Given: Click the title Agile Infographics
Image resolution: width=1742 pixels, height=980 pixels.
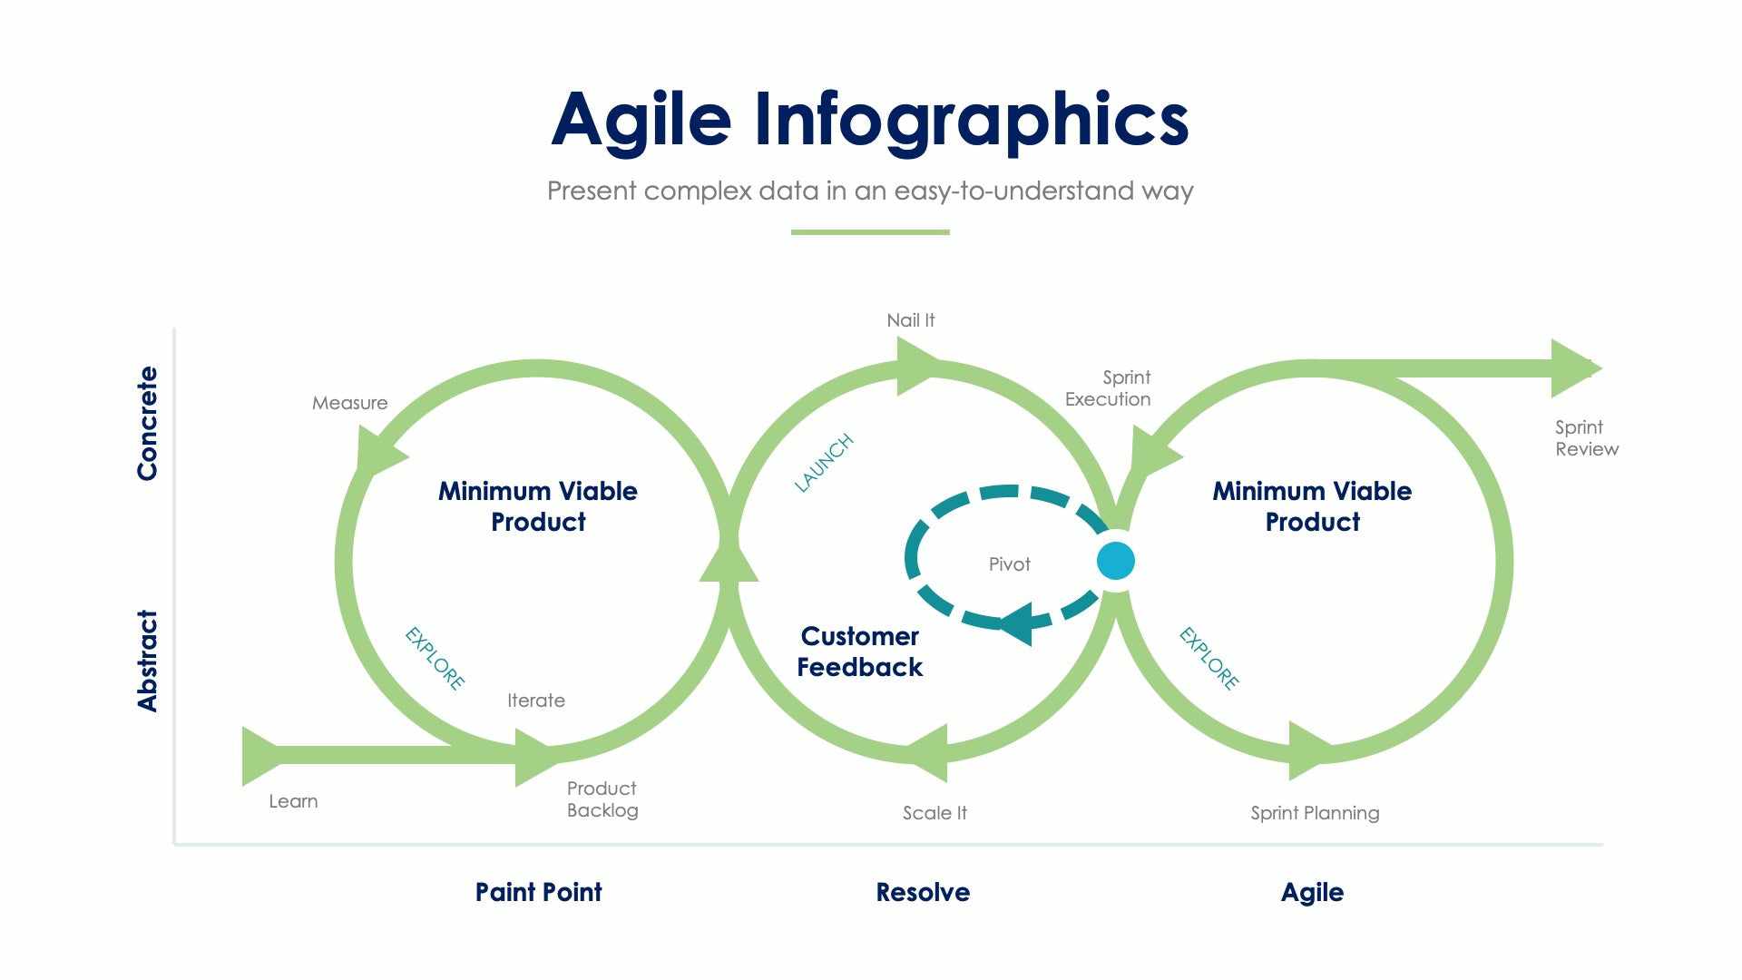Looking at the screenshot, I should (x=869, y=120).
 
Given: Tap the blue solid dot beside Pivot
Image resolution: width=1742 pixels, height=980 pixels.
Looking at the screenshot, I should (x=1115, y=561).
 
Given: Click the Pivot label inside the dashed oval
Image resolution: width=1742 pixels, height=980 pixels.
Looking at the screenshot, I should (x=1009, y=564).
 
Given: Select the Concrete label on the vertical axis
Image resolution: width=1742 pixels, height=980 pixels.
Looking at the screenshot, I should (x=147, y=423).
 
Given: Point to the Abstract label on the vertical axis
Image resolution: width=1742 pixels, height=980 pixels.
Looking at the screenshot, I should (x=147, y=661).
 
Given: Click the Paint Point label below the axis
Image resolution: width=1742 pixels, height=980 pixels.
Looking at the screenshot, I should (x=538, y=892).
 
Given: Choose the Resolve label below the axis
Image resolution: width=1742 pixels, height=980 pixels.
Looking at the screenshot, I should (x=923, y=892).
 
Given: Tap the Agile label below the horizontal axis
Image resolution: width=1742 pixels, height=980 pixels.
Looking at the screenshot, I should (x=1312, y=892).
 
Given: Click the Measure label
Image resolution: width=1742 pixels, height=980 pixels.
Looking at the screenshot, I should (x=349, y=403).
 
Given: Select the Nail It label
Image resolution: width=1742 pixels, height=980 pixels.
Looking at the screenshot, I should (x=910, y=320).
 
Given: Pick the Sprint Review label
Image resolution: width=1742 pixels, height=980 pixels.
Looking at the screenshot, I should (x=1586, y=437).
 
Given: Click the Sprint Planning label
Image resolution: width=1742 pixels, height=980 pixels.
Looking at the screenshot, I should (x=1315, y=813).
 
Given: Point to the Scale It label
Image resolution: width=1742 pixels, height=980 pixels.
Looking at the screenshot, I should (x=935, y=813).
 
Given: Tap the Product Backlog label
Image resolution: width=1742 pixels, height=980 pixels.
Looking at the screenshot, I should (x=602, y=799).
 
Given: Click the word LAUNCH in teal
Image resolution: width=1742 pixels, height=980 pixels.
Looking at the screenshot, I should (x=824, y=463).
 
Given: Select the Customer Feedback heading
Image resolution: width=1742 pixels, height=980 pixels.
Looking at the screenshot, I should (x=859, y=652).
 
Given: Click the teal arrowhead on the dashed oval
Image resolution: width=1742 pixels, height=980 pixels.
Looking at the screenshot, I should (x=1018, y=623).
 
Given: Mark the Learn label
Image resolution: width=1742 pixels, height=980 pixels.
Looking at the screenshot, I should (x=293, y=801).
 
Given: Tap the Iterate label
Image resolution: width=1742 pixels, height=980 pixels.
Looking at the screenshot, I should (x=535, y=701).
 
